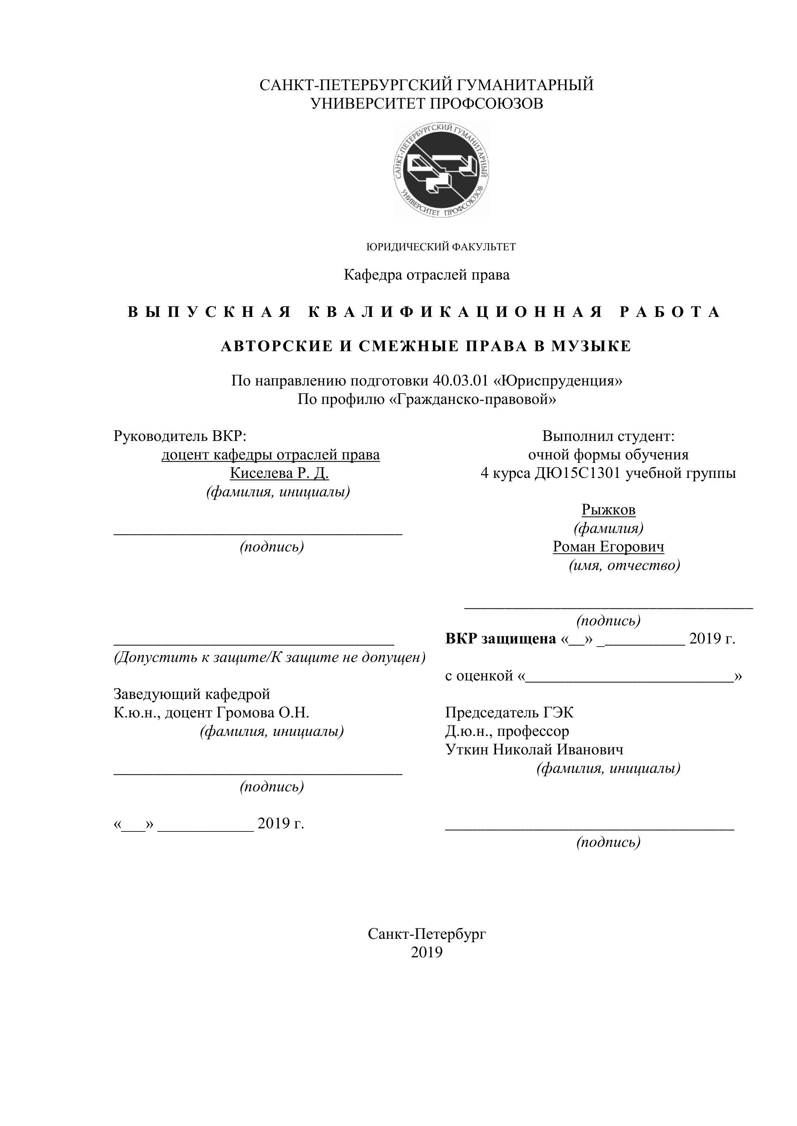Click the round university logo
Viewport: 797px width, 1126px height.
pyautogui.click(x=441, y=170)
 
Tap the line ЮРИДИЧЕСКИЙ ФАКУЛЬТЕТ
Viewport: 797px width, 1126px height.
pyautogui.click(x=441, y=247)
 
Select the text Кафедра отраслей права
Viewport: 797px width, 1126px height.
pyautogui.click(x=427, y=275)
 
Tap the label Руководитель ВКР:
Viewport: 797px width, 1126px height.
pyautogui.click(x=180, y=436)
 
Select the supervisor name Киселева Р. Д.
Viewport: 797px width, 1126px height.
pyautogui.click(x=279, y=473)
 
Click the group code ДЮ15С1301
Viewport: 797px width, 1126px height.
pyautogui.click(x=578, y=473)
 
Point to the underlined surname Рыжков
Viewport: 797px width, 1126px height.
pyautogui.click(x=608, y=510)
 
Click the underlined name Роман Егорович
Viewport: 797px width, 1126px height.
pyautogui.click(x=608, y=547)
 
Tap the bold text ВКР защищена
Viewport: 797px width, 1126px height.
pyautogui.click(x=501, y=639)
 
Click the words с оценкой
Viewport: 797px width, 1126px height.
pyautogui.click(x=479, y=676)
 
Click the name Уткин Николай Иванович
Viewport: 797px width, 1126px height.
pyautogui.click(x=534, y=749)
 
